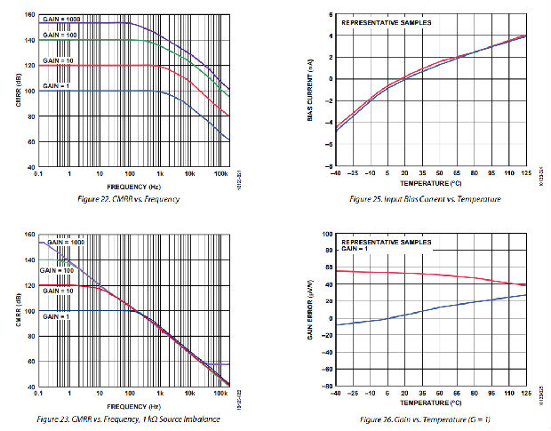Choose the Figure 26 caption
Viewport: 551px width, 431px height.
pyautogui.click(x=425, y=417)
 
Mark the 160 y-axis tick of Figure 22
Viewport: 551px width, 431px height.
pyautogui.click(x=30, y=15)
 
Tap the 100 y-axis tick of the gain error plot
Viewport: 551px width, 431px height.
pyautogui.click(x=326, y=235)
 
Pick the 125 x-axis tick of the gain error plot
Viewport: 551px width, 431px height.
pyautogui.click(x=526, y=393)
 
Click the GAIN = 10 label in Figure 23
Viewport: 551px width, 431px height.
pyautogui.click(x=55, y=290)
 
